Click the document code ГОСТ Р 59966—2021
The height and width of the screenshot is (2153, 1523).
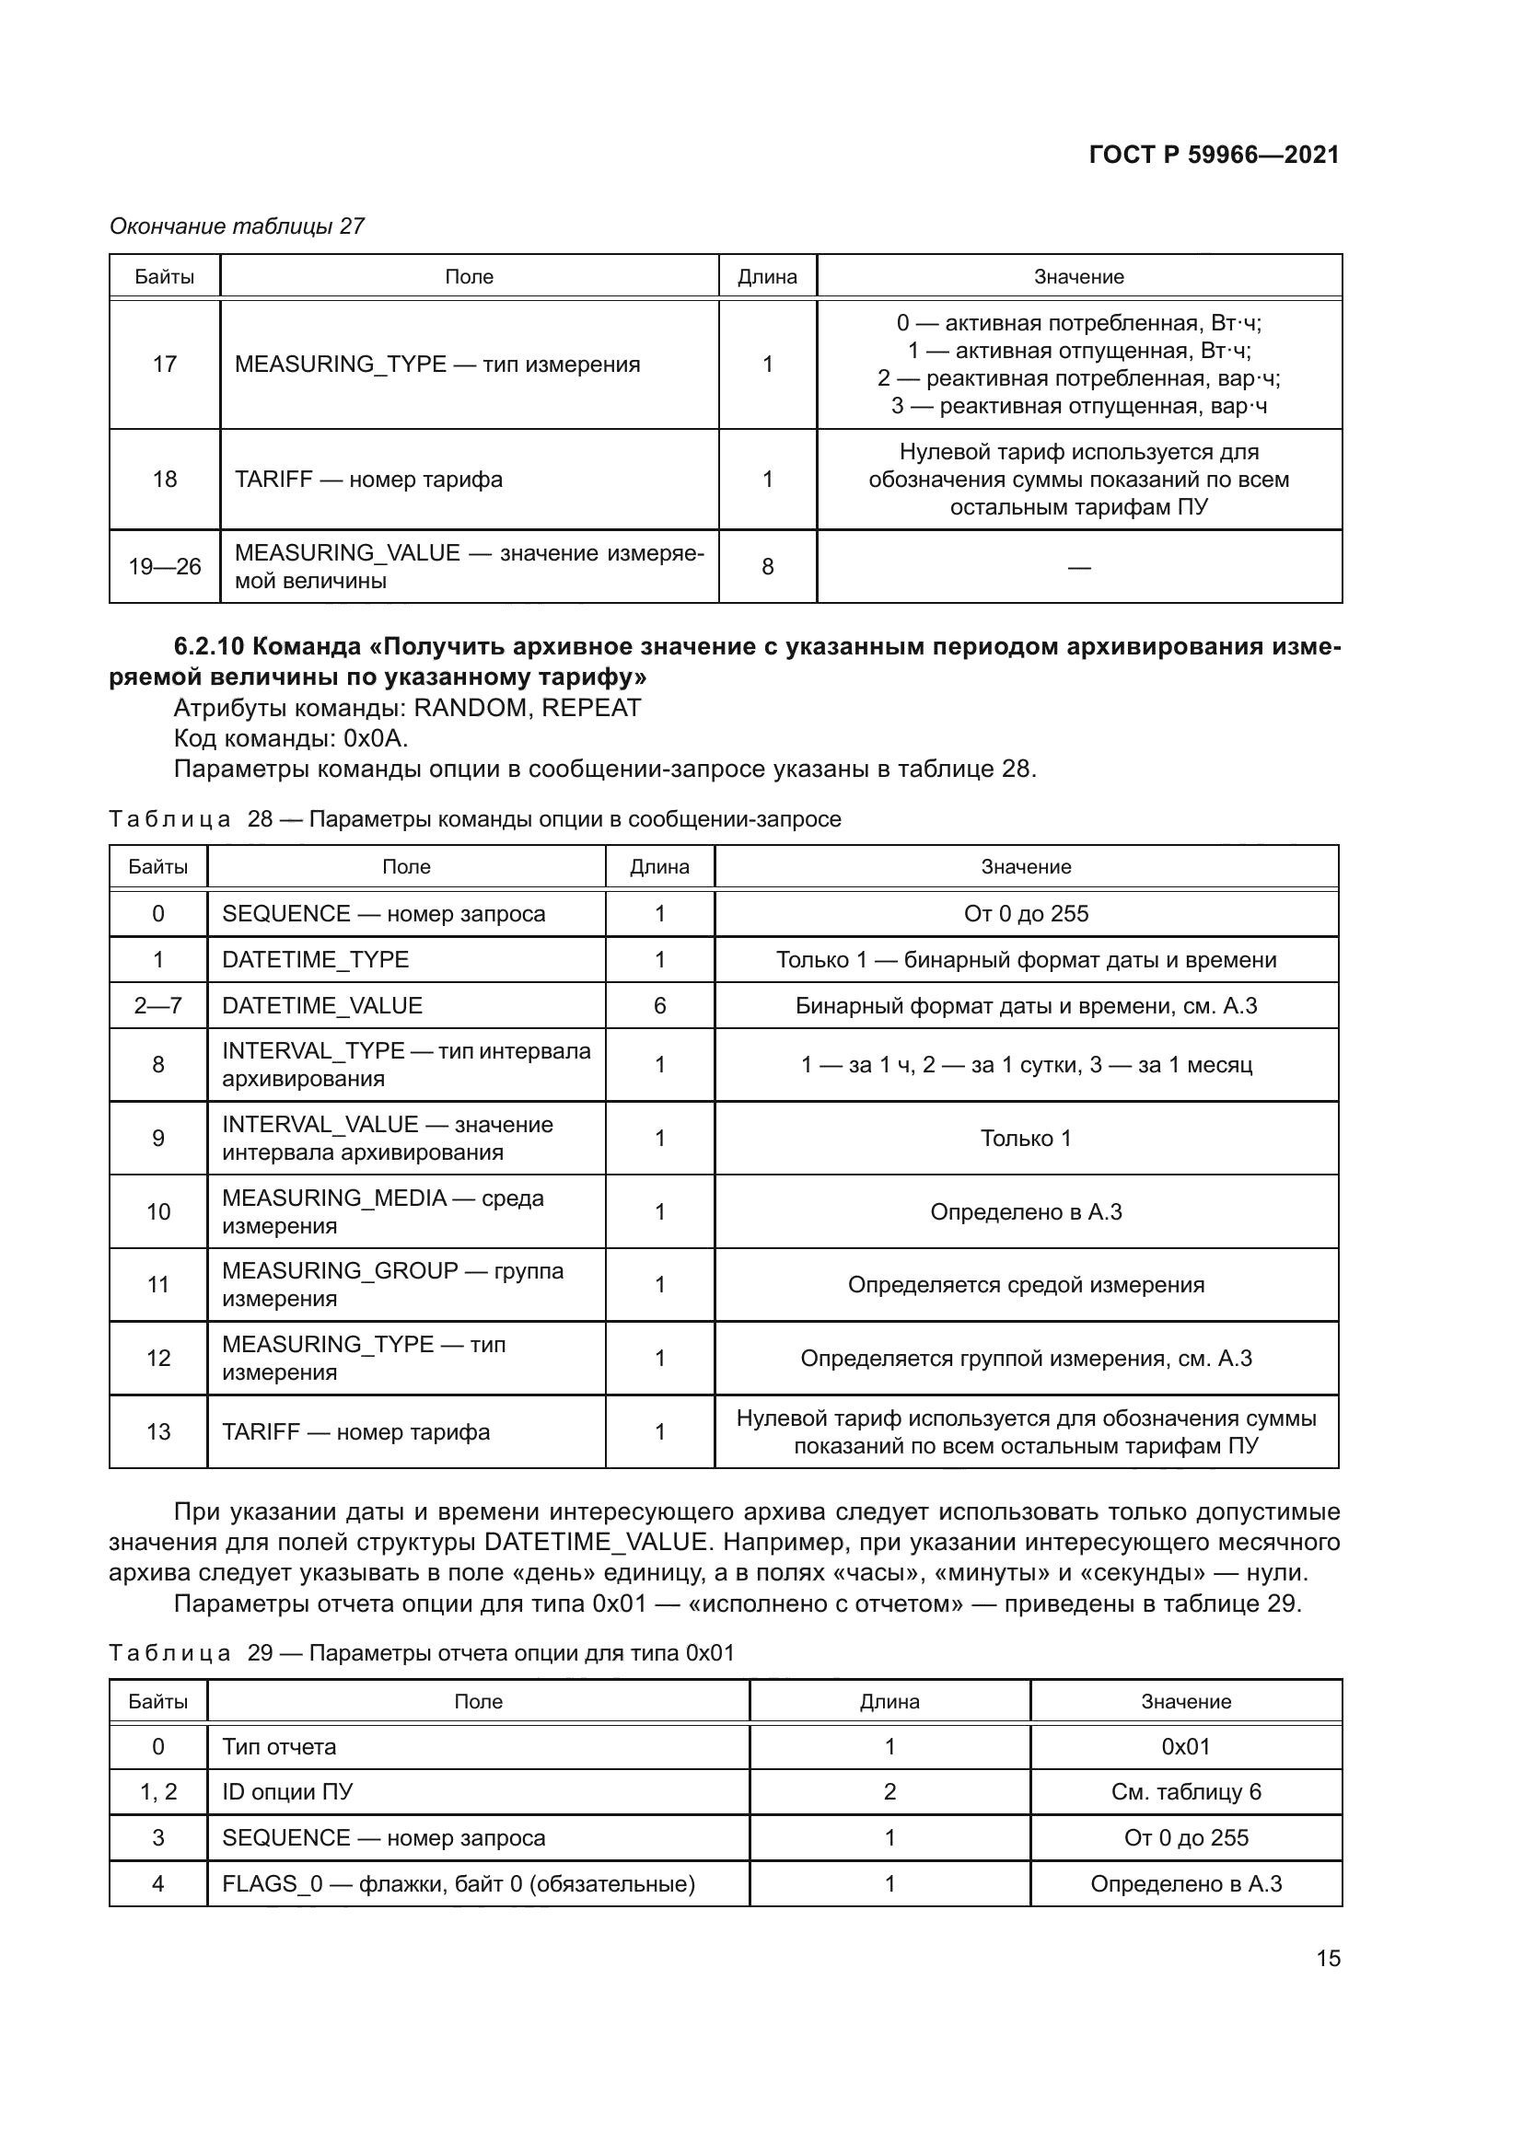[1214, 155]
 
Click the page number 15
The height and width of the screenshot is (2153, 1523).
[1328, 1958]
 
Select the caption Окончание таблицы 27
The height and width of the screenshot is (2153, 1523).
[237, 226]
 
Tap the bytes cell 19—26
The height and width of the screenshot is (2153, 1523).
[164, 566]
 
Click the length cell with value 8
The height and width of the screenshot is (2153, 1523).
[767, 566]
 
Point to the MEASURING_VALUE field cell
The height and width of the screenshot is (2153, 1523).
[468, 566]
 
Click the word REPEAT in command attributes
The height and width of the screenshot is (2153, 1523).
[591, 708]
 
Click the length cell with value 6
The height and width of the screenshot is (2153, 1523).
[659, 1005]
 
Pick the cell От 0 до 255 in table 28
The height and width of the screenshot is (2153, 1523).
[1025, 913]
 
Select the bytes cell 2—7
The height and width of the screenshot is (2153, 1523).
[157, 1005]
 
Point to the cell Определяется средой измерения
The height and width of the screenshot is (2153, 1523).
[1025, 1285]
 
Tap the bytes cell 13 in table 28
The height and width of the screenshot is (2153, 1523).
[157, 1432]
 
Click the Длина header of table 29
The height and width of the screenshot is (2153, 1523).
[889, 1701]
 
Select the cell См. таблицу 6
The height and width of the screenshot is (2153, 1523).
[1185, 1792]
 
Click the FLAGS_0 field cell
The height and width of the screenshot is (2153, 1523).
[458, 1884]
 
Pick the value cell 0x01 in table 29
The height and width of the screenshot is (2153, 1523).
[1185, 1746]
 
